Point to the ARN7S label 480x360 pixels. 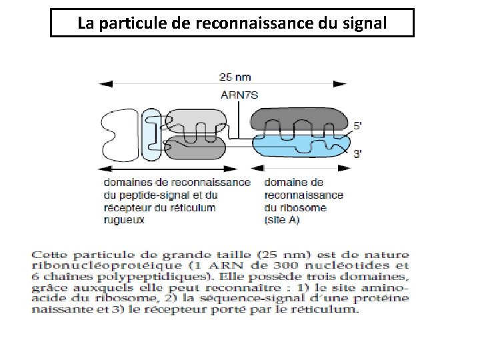tap(239, 94)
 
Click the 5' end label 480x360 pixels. tap(358, 125)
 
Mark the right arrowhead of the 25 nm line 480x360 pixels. tap(359, 83)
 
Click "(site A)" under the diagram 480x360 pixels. tap(282, 219)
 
